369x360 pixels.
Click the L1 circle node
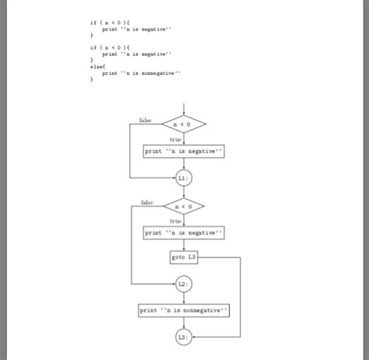[x=184, y=178]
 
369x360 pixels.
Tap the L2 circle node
[x=184, y=284]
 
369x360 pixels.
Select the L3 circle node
[x=184, y=337]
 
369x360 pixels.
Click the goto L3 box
[x=184, y=257]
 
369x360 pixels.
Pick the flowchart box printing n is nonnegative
[x=184, y=310]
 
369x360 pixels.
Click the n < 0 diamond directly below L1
[x=184, y=206]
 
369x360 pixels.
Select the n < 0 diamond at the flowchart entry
[x=184, y=124]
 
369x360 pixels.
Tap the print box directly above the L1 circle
[x=184, y=151]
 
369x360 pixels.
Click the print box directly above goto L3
[x=184, y=232]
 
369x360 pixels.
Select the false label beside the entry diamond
[x=146, y=120]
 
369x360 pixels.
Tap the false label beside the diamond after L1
[x=147, y=203]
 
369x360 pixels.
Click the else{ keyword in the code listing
[x=97, y=66]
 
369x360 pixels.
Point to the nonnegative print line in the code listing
[x=140, y=72]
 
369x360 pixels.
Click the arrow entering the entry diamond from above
[x=184, y=108]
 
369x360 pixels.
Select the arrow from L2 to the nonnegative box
[x=184, y=298]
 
